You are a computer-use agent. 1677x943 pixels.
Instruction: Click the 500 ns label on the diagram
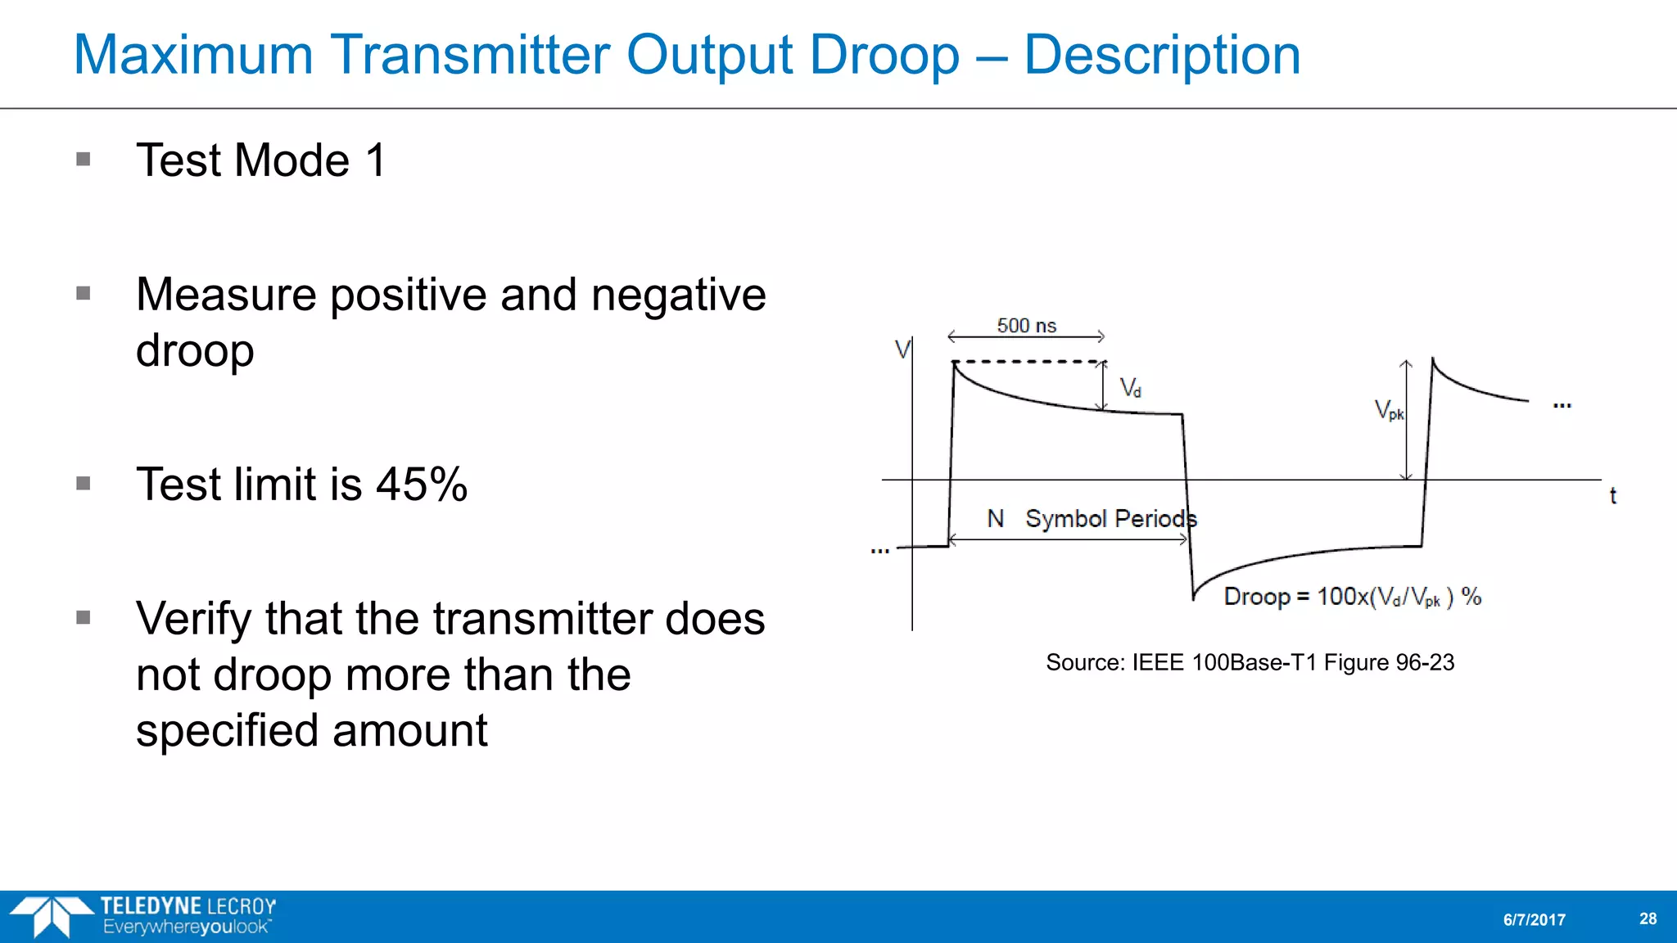1026,325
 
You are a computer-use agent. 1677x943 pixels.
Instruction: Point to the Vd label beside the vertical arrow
1130,387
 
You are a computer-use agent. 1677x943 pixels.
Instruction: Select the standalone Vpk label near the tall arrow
1389,409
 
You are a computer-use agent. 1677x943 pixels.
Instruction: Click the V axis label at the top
902,350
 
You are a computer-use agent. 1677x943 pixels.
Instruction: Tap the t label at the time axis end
1612,495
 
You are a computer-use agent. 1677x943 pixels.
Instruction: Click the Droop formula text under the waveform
1352,597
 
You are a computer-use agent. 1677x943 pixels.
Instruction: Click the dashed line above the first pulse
1028,361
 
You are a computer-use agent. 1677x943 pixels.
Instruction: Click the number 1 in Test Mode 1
376,160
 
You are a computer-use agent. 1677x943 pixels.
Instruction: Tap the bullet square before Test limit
83,483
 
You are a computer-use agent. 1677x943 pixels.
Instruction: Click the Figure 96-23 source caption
1250,662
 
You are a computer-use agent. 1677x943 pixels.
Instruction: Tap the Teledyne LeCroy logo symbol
52,916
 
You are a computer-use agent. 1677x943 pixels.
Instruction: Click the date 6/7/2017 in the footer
1534,919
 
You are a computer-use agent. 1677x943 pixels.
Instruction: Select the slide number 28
1648,918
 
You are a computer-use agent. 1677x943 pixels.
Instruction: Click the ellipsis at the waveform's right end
1562,405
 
